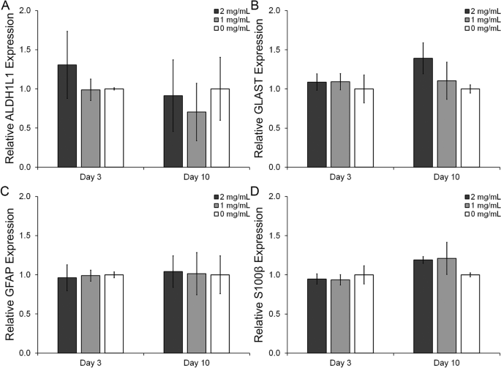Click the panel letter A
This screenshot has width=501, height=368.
click(5, 6)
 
